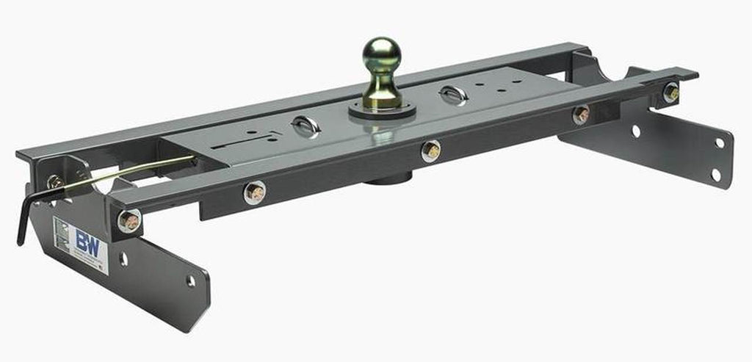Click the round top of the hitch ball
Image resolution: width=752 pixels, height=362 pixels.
click(x=382, y=54)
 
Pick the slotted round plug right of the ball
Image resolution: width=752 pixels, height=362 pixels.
click(x=453, y=95)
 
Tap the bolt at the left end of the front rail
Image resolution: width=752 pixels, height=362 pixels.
click(x=129, y=220)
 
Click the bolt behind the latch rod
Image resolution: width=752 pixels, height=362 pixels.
click(x=54, y=181)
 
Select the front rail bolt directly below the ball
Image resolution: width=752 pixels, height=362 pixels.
click(x=430, y=151)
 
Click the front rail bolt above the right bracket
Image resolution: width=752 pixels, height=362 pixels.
click(x=581, y=115)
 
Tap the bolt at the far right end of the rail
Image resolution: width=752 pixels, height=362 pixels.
click(x=670, y=93)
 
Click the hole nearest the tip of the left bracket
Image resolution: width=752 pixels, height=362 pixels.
click(x=191, y=281)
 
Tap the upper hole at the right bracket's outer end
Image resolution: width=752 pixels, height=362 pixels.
click(x=720, y=143)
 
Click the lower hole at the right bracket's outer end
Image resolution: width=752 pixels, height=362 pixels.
click(x=715, y=175)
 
